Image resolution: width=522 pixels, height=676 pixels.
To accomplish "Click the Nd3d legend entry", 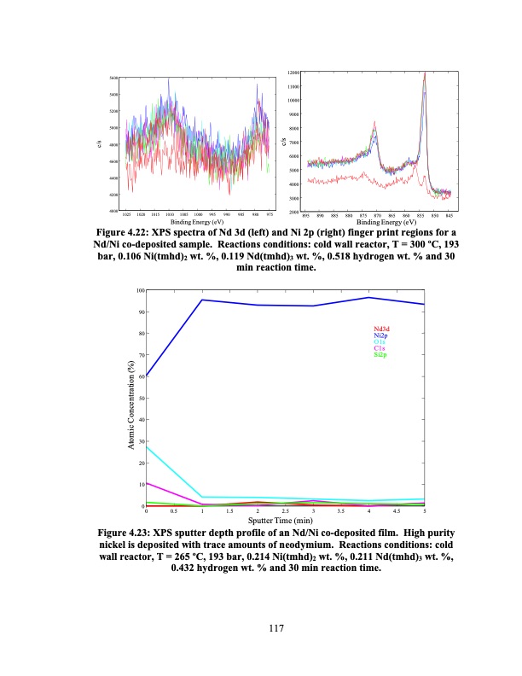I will pyautogui.click(x=382, y=329).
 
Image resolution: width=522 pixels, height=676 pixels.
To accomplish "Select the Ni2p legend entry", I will pyautogui.click(x=382, y=336).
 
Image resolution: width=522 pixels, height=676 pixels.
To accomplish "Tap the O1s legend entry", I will pyautogui.click(x=380, y=342).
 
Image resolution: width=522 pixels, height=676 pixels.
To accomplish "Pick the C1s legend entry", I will pyautogui.click(x=380, y=349).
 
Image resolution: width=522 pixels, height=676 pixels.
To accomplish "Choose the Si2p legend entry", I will pyautogui.click(x=381, y=355).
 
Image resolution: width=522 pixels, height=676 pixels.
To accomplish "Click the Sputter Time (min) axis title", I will pyautogui.click(x=286, y=520).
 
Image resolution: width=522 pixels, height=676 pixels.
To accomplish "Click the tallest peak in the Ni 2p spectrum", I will pyautogui.click(x=424, y=73).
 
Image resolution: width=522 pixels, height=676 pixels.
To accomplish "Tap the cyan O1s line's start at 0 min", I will pyautogui.click(x=147, y=446).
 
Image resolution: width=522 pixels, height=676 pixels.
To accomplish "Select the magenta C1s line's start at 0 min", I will pyautogui.click(x=147, y=483).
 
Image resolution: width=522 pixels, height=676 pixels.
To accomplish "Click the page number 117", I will pyautogui.click(x=275, y=629).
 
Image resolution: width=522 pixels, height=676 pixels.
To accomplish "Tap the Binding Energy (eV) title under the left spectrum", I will pyautogui.click(x=196, y=221).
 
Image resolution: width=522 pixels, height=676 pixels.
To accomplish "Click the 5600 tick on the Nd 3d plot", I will pyautogui.click(x=113, y=79).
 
